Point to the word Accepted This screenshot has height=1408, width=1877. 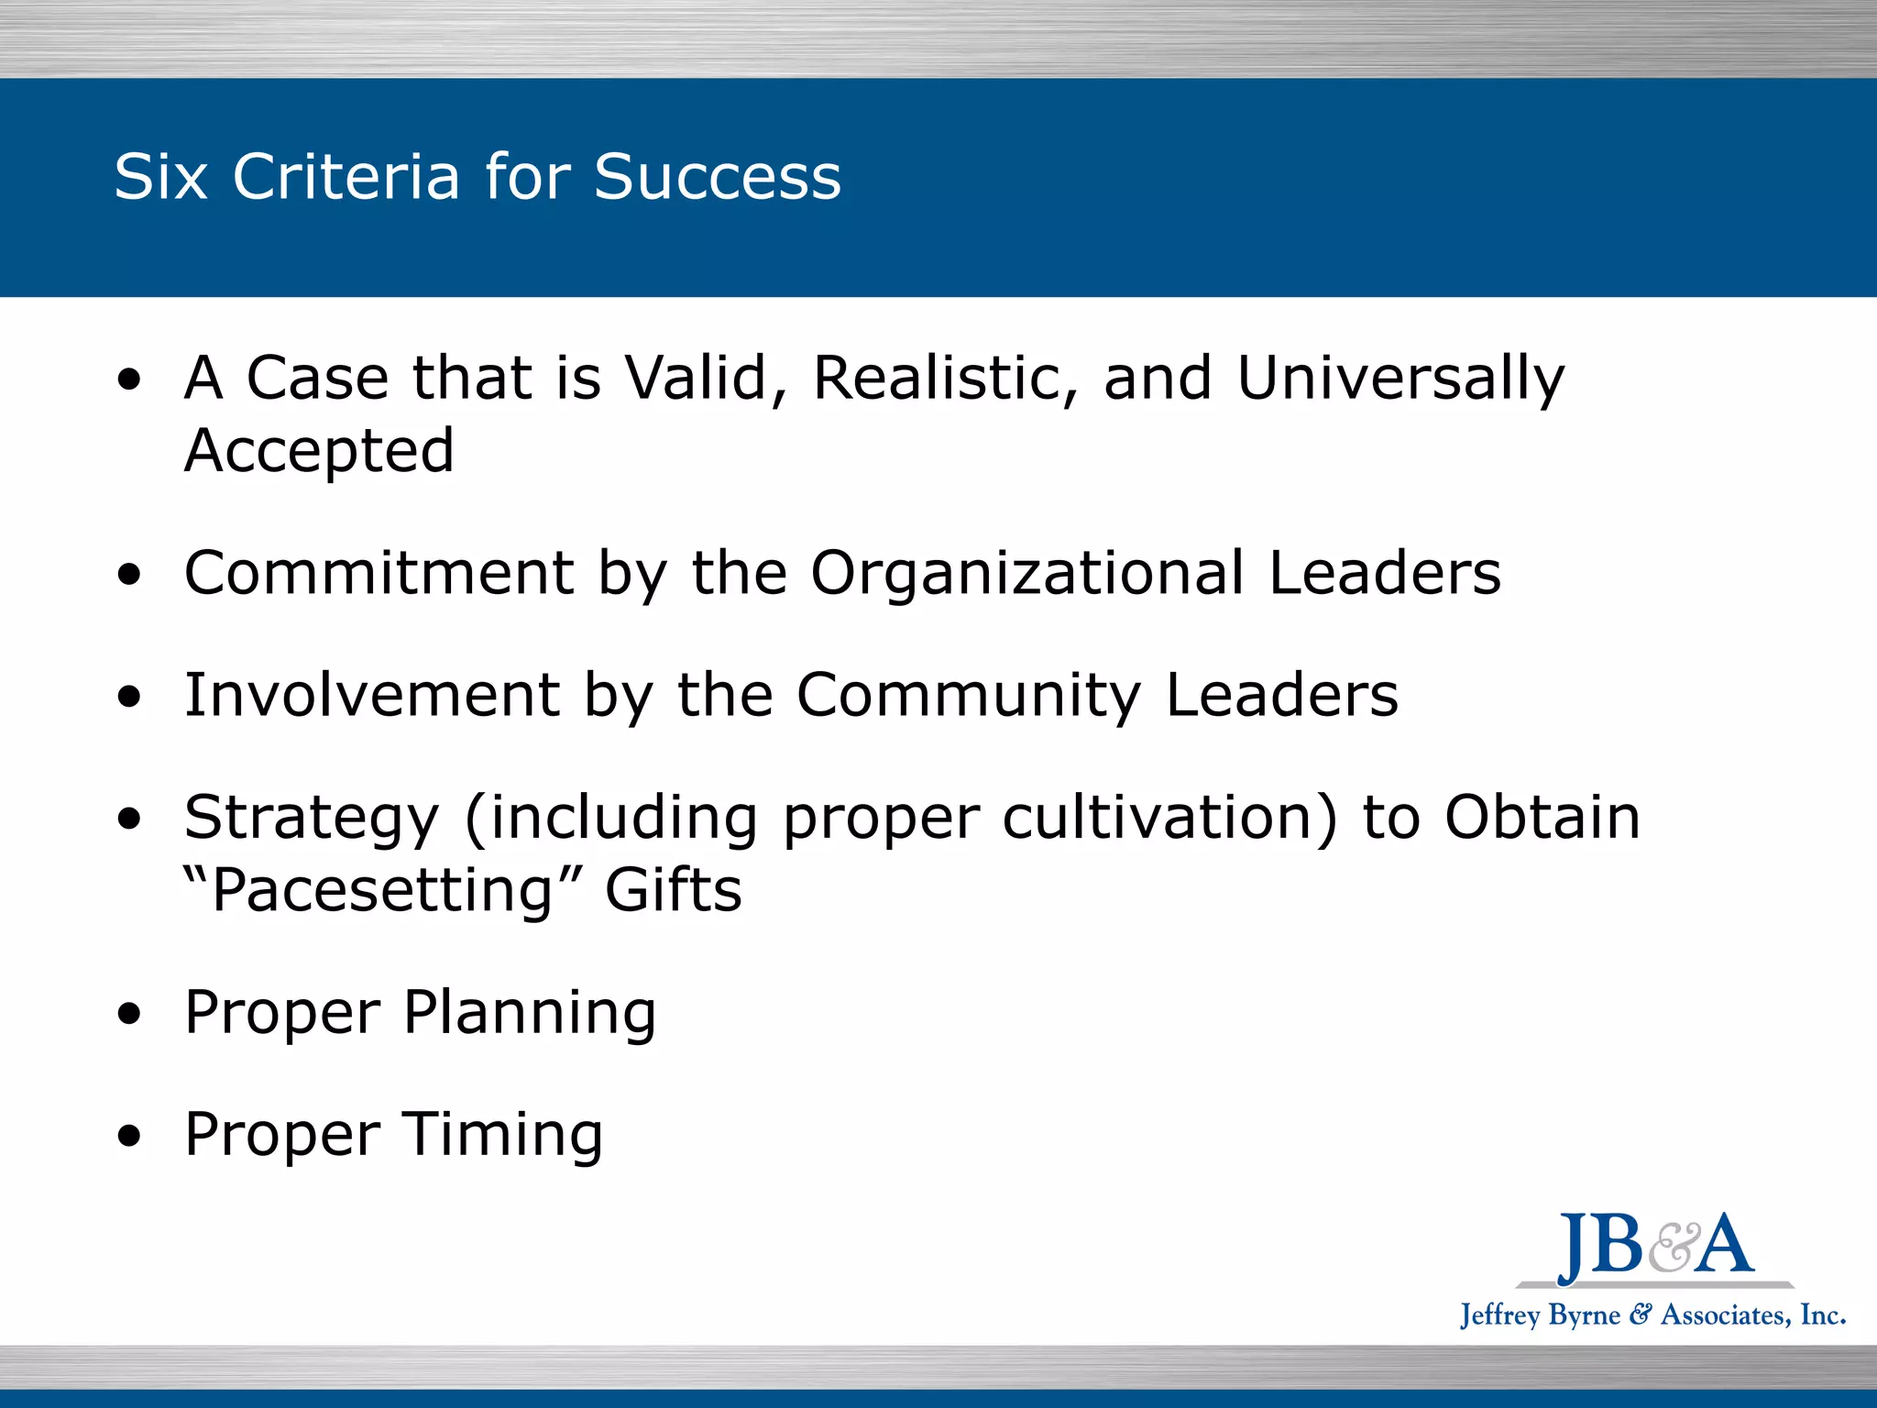(319, 451)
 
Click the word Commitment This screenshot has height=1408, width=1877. (379, 573)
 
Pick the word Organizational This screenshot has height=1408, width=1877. (1027, 575)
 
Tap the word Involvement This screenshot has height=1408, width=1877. (372, 695)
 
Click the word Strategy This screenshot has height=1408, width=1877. (312, 819)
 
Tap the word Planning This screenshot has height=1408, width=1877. (530, 1014)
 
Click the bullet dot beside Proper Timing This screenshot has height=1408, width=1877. (130, 1138)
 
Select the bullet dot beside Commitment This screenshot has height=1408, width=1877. (130, 575)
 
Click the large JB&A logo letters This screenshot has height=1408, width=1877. (1655, 1246)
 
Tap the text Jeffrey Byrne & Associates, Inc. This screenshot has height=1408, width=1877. (1652, 1315)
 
